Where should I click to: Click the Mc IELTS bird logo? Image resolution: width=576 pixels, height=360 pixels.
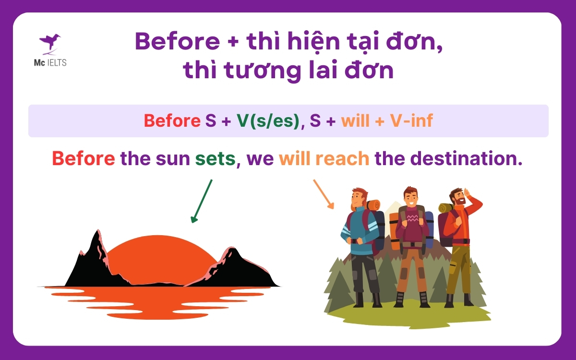(x=49, y=43)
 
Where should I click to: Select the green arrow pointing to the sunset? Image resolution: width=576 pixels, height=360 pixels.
(x=202, y=201)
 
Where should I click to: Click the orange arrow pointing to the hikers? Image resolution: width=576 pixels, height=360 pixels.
(x=324, y=194)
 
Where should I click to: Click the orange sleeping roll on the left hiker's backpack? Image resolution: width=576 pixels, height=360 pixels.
(x=373, y=205)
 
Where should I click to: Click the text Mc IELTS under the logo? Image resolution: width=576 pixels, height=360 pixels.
(x=49, y=62)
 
